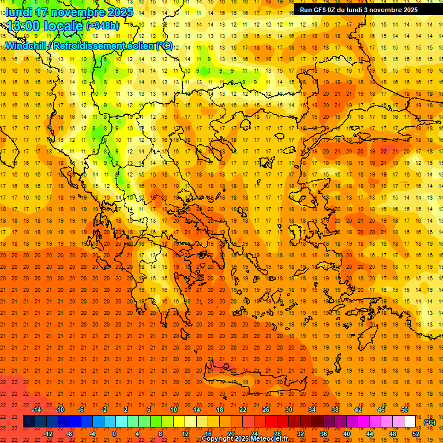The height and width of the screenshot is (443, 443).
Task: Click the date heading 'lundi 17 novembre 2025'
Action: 70,12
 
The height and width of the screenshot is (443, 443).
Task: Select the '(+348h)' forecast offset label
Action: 103,26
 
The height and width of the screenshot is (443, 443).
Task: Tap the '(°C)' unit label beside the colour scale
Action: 430,422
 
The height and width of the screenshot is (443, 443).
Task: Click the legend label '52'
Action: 416,434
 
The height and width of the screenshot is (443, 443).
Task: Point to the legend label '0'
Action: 114,434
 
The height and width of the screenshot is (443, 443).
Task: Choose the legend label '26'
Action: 266,410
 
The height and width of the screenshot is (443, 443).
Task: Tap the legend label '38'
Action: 335,410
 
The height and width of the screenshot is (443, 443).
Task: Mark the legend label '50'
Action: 404,410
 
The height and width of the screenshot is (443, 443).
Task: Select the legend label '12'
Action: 185,434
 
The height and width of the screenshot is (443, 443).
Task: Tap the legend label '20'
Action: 231,434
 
